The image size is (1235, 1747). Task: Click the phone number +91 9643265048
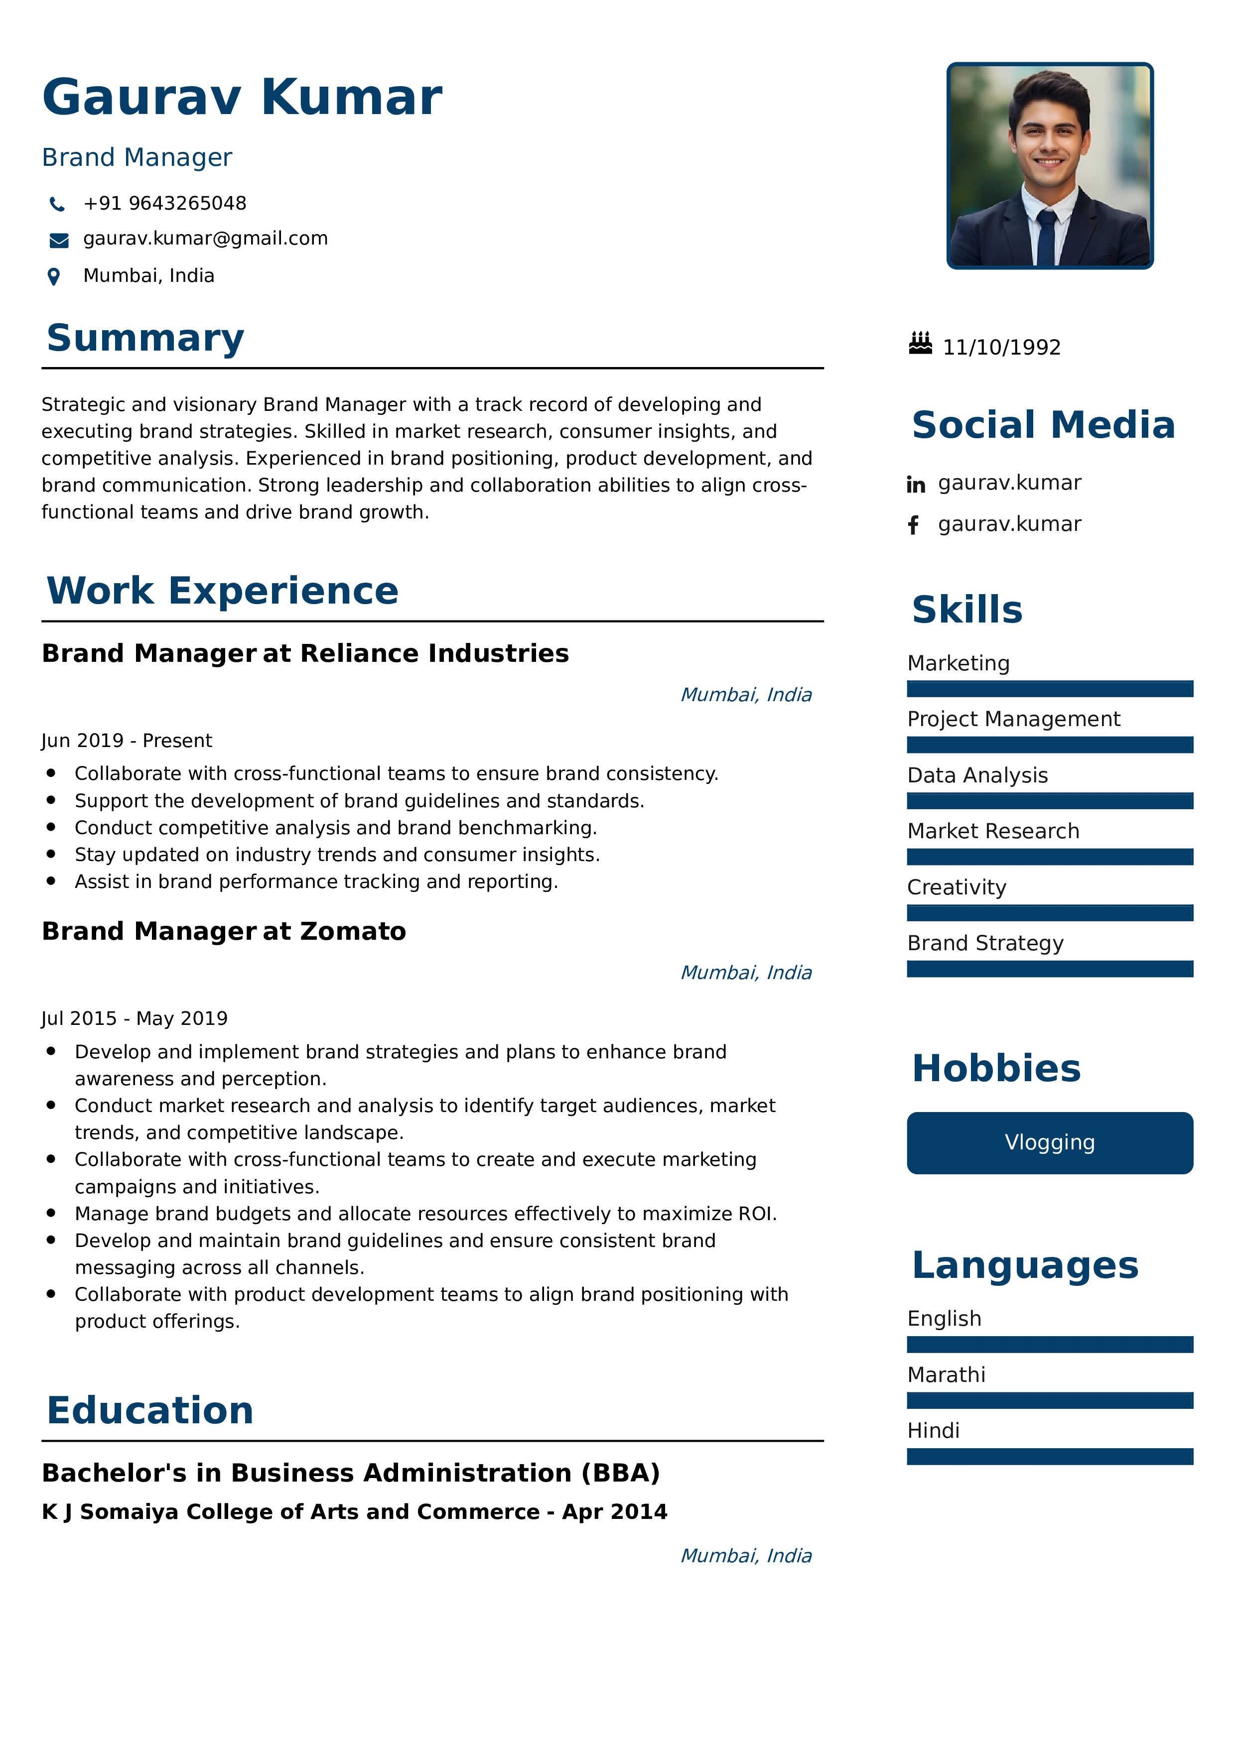coord(164,203)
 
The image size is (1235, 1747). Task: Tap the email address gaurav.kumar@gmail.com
coord(205,239)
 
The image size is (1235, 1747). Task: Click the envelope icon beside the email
coord(59,241)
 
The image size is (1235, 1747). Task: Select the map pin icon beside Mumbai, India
coord(54,276)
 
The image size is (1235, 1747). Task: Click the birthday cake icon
coord(920,344)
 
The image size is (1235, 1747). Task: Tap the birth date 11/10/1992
coord(1001,348)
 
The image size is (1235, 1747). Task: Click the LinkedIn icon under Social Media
coord(915,485)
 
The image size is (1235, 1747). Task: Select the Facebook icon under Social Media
coord(913,525)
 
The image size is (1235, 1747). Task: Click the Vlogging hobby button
coord(1049,1143)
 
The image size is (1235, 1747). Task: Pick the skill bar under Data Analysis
coord(1049,800)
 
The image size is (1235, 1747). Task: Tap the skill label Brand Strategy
coord(984,944)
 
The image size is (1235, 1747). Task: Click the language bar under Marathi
coord(1049,1400)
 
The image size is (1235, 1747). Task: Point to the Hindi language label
coord(933,1430)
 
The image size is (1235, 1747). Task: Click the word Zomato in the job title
coord(353,931)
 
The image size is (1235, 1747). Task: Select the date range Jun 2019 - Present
coord(127,741)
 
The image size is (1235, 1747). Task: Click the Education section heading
coord(150,1410)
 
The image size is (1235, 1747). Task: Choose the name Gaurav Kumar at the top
coord(242,98)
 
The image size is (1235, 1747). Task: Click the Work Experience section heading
coord(222,591)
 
